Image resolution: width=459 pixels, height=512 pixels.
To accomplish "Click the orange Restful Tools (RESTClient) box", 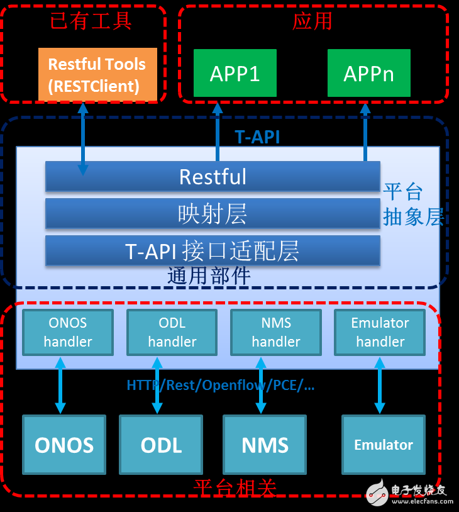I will tap(97, 74).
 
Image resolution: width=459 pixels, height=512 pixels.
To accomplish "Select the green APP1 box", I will tap(235, 74).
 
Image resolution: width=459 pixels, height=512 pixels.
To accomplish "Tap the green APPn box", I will tap(368, 74).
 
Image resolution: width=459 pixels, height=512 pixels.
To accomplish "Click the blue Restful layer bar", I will tap(213, 176).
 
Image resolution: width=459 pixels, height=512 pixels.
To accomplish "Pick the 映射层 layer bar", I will tap(213, 213).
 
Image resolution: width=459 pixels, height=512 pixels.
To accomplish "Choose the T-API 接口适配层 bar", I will tap(213, 250).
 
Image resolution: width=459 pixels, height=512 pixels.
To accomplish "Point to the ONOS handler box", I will tap(68, 332).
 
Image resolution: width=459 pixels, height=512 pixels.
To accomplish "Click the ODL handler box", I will tap(172, 332).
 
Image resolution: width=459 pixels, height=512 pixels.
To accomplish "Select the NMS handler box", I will tap(276, 332).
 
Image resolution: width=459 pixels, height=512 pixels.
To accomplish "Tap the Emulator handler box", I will tap(380, 332).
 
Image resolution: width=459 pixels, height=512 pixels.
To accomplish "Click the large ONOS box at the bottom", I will tap(64, 445).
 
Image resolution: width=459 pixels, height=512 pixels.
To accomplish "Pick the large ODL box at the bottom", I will tap(161, 445).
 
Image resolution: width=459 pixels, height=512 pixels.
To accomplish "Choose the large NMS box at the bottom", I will tap(265, 445).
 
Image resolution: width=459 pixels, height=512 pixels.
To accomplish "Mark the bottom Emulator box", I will tap(383, 445).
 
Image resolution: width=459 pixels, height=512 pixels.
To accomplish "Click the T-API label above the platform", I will tap(257, 137).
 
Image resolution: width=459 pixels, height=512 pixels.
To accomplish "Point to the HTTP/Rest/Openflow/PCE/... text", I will tap(220, 385).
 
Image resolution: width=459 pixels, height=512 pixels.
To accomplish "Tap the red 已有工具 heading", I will tap(91, 21).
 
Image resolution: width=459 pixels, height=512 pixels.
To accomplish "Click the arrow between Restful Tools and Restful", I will tap(82, 138).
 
